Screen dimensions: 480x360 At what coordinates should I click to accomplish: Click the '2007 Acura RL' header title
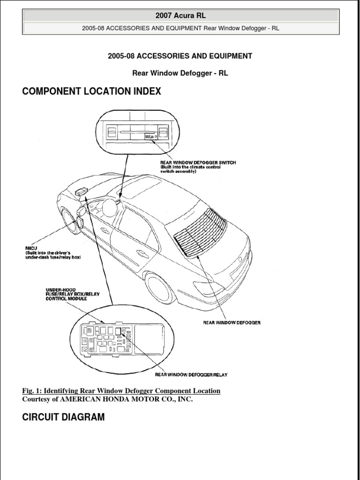pos(180,15)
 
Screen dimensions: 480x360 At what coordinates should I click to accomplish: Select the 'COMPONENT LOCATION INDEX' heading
pos(91,91)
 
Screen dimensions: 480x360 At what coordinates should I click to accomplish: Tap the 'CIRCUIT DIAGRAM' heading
pos(64,417)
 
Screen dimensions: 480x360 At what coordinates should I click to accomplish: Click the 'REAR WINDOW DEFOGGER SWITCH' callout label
pos(198,163)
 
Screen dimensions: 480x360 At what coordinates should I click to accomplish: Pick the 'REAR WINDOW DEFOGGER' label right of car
pos(232,322)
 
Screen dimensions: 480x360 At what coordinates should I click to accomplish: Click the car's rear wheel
pos(159,287)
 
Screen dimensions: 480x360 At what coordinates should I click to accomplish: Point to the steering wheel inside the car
pos(109,207)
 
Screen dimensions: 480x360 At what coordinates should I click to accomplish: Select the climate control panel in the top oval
pos(136,132)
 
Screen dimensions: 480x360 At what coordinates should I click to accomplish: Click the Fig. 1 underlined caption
pos(121,390)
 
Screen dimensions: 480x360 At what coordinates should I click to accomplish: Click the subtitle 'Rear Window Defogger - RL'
pos(180,74)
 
